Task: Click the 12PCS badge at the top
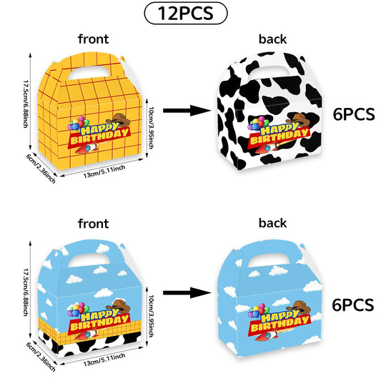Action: [186, 13]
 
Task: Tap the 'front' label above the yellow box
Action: [94, 39]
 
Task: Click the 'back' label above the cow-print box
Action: [272, 39]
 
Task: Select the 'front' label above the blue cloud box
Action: [94, 224]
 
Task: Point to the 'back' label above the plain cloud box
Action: [272, 223]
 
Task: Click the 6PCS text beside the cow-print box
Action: [354, 114]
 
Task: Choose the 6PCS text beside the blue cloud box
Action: [353, 305]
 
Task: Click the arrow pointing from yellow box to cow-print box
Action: [187, 111]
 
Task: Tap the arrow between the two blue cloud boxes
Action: [187, 293]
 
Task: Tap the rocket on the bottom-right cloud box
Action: [269, 336]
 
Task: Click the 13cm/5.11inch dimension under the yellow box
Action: [104, 172]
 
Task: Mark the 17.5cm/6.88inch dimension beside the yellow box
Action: [26, 104]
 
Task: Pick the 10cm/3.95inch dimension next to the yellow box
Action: [151, 127]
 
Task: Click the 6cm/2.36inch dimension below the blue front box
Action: [41, 357]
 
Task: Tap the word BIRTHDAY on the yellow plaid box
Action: [99, 137]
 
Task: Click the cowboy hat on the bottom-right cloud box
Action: [299, 307]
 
